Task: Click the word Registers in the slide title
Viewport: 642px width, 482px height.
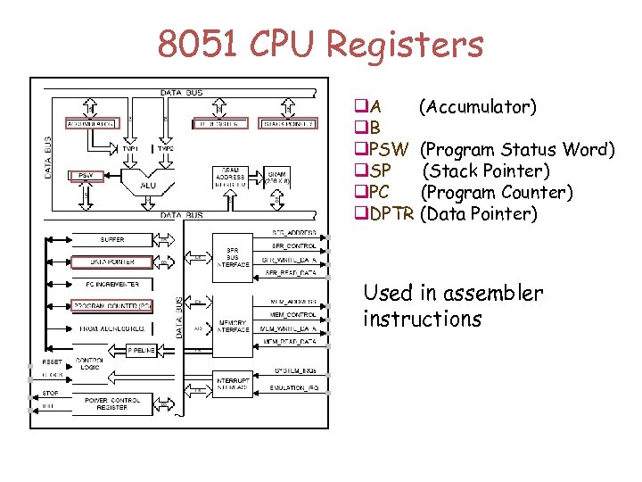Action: [392, 44]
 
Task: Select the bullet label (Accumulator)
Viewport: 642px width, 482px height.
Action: [478, 107]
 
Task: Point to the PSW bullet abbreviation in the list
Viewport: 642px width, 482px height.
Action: [389, 149]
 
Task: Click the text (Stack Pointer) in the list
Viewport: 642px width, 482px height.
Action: [486, 170]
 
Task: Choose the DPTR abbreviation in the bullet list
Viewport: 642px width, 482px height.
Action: [391, 213]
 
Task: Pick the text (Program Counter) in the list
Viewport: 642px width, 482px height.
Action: [496, 192]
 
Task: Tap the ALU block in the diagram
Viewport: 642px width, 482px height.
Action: [148, 186]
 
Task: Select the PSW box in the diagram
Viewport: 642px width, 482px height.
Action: [86, 175]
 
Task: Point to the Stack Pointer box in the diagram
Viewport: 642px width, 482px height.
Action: [286, 123]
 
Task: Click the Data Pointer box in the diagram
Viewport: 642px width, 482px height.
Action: [111, 262]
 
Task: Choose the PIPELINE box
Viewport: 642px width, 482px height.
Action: [142, 349]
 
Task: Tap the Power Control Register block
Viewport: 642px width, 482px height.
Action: [111, 404]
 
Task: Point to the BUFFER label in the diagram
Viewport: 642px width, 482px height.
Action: [112, 239]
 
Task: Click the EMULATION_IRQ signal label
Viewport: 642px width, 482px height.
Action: [292, 388]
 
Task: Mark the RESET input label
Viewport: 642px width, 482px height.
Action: [52, 362]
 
